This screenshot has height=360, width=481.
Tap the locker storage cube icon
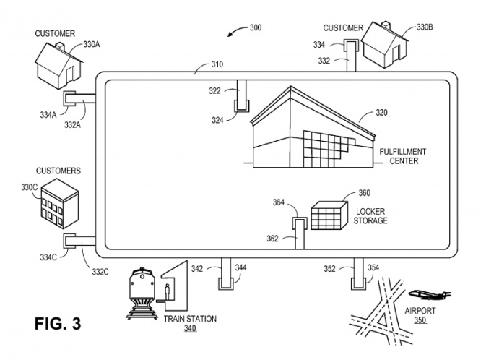pyautogui.click(x=329, y=215)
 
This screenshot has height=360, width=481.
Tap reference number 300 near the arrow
pyautogui.click(x=255, y=28)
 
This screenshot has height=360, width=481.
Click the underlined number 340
pyautogui.click(x=190, y=329)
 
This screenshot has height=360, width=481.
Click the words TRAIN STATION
pyautogui.click(x=190, y=319)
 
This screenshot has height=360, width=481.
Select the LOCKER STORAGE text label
pyautogui.click(x=371, y=215)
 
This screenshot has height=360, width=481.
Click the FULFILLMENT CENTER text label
pyautogui.click(x=402, y=156)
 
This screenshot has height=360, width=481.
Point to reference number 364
pyautogui.click(x=279, y=203)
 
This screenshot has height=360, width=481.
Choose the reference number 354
pyautogui.click(x=373, y=268)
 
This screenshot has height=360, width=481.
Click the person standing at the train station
pyautogui.click(x=168, y=293)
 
